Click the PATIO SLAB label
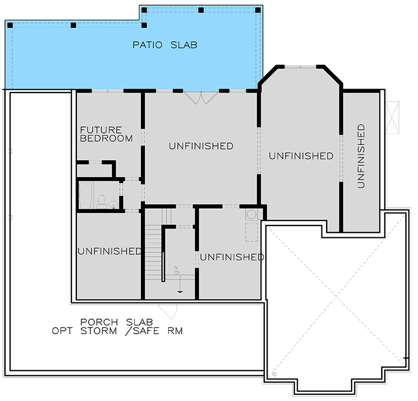[x=164, y=45]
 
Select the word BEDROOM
[x=106, y=138]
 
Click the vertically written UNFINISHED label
[x=361, y=155]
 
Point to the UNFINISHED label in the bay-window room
[x=301, y=157]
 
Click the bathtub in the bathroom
[x=86, y=195]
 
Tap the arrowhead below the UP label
[x=180, y=290]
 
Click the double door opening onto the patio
[x=201, y=97]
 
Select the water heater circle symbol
[x=251, y=214]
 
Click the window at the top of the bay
[x=300, y=67]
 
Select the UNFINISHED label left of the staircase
[x=109, y=251]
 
